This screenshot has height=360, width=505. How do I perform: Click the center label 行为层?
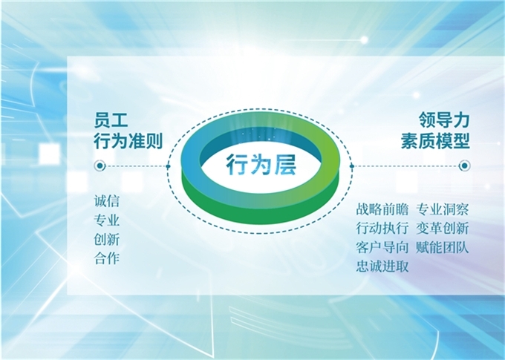coord(261,165)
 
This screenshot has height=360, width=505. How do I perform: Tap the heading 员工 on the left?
coord(111,120)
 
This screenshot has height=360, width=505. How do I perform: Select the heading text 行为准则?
coord(128,141)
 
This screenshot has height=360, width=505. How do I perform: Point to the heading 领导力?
coord(444,120)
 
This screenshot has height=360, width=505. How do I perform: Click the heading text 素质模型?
coord(435,141)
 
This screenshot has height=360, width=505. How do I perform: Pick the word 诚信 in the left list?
coord(107,201)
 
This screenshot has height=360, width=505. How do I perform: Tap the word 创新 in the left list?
coord(107,239)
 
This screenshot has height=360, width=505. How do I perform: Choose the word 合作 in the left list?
coord(107,258)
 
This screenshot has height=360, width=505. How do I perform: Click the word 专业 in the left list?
coord(107,220)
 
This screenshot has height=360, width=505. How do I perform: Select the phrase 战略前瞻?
coord(382,209)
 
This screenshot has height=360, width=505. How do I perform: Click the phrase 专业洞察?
coord(442,209)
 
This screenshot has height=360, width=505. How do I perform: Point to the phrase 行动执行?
coord(382,229)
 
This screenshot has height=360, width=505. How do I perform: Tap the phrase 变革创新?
coord(442,229)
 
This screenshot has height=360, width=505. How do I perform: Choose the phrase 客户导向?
coord(382,247)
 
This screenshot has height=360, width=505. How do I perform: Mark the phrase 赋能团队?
coord(442,247)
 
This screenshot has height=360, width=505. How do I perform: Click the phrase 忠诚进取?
coord(382,266)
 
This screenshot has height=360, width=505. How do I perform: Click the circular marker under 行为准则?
coord(100,166)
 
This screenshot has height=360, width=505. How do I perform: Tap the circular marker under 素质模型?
coord(464,166)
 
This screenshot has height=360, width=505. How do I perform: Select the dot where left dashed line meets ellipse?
coord(168,166)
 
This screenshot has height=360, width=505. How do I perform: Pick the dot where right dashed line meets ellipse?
coord(352,166)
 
